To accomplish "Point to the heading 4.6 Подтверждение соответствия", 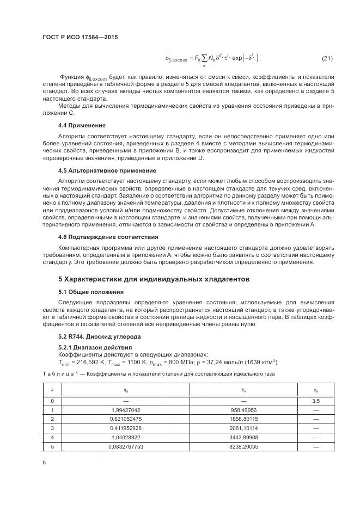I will tap(100, 237).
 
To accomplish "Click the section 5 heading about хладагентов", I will tap(154, 279).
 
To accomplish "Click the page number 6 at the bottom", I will tap(44, 462).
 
